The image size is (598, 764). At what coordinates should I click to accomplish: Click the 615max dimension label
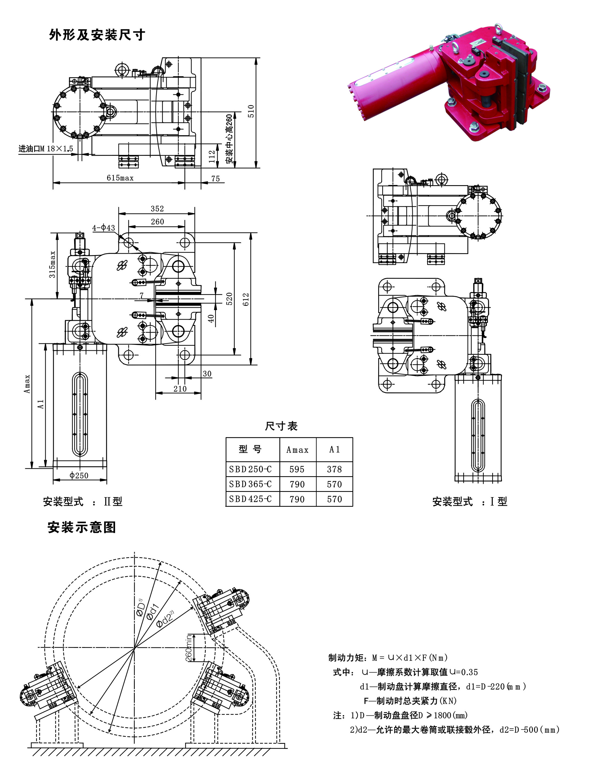tap(120, 178)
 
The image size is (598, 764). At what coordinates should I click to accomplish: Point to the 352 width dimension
tap(157, 209)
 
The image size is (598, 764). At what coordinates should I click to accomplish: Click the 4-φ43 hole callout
tap(104, 228)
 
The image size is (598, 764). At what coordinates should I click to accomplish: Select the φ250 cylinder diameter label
tap(79, 475)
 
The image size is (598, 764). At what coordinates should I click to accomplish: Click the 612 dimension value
tap(246, 299)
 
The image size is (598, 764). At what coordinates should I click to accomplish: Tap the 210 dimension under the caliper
tap(180, 389)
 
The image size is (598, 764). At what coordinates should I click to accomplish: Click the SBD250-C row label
tap(250, 469)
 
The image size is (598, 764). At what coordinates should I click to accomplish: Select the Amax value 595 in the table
tap(297, 469)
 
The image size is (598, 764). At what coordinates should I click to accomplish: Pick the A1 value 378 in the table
tap(334, 469)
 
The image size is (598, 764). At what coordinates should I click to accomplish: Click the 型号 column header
tap(250, 449)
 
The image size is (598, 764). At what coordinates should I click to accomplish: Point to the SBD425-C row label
tap(250, 499)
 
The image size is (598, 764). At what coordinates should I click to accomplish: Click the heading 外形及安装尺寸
tap(97, 35)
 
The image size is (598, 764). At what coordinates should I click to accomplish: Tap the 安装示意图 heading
tap(82, 527)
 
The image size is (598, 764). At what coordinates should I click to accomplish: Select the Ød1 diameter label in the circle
tap(153, 611)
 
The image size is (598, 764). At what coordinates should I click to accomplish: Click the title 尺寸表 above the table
tap(281, 426)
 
